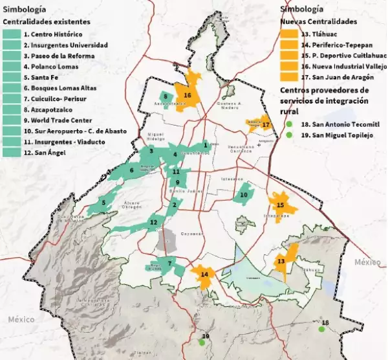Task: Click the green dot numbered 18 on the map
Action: click(x=321, y=329)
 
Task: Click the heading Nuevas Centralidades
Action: click(x=319, y=21)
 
